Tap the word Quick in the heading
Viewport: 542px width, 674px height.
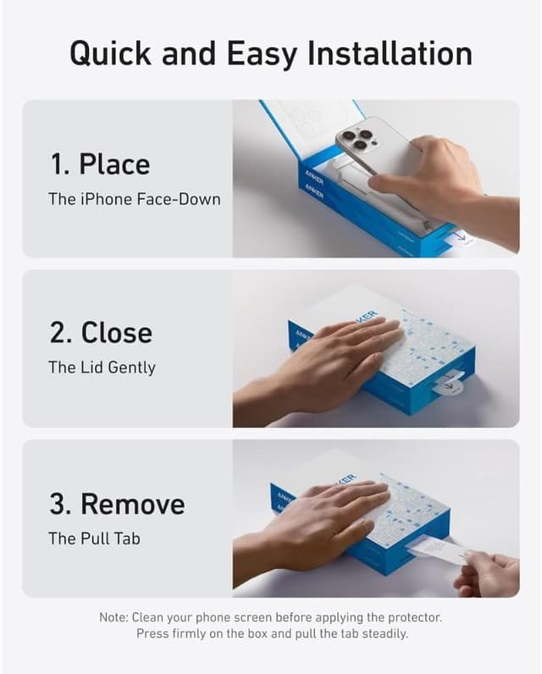[x=110, y=54]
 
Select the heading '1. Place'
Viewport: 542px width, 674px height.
[x=100, y=164]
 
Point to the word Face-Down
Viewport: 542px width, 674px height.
[x=179, y=199]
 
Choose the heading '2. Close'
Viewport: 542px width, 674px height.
[x=101, y=333]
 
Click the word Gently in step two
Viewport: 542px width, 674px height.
[x=131, y=368]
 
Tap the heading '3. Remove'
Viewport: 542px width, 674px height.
[x=118, y=503]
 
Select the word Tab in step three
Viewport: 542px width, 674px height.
[x=128, y=539]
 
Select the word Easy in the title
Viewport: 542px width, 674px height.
[x=263, y=54]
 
